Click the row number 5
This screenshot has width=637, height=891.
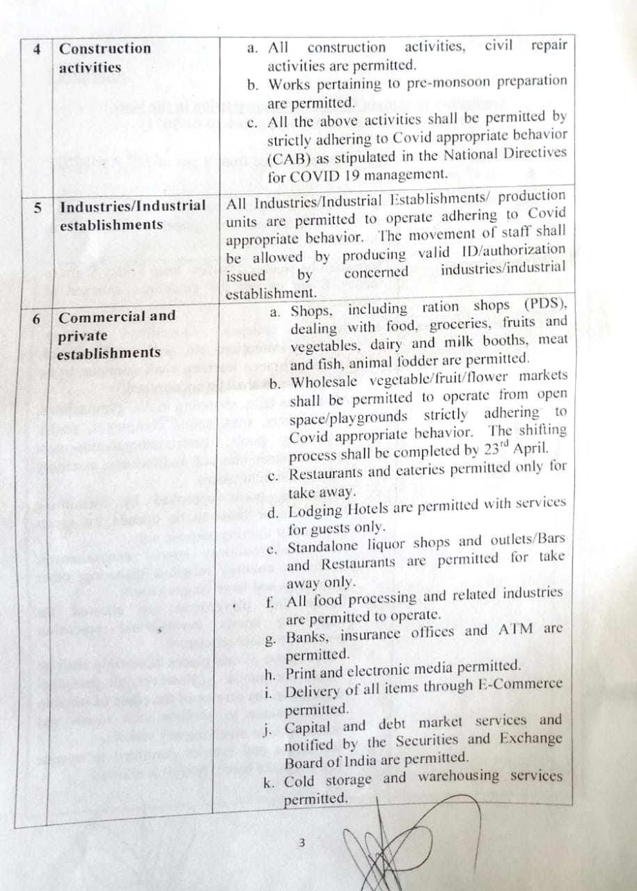[38, 207]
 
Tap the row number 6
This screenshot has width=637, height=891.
[36, 318]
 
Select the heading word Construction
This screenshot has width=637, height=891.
[104, 49]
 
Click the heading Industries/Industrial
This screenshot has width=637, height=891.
[132, 207]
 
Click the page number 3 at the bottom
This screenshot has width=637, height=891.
[301, 843]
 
